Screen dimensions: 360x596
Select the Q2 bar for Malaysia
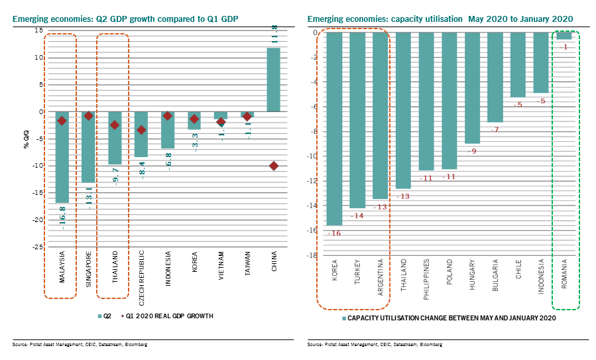click(62, 157)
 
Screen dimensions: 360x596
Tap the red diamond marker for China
click(273, 166)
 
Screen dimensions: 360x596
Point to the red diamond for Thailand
click(115, 125)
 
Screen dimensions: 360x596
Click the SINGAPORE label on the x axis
click(89, 268)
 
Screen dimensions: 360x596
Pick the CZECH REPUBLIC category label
click(142, 272)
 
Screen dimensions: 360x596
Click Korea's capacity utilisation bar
click(334, 129)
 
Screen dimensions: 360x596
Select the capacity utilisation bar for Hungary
click(471, 88)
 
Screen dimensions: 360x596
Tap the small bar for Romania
click(564, 36)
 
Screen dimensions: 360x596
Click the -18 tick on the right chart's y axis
click(314, 255)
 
